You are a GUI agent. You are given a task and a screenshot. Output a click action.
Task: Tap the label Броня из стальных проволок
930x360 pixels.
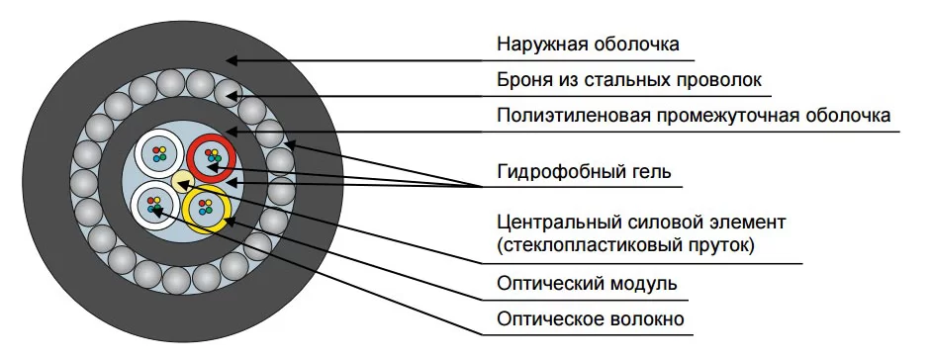[x=629, y=80]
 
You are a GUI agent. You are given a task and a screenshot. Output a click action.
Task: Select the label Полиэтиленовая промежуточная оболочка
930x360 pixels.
[x=694, y=115]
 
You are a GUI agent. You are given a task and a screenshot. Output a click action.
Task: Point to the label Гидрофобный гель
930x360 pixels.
[x=584, y=173]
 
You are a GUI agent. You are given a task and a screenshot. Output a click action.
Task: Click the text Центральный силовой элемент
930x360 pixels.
[x=641, y=223]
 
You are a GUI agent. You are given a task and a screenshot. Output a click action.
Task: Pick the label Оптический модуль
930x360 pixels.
[x=587, y=284]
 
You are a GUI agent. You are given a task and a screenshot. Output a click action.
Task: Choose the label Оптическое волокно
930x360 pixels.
[x=591, y=319]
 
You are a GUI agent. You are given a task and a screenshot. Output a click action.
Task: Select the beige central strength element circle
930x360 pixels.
[x=183, y=180]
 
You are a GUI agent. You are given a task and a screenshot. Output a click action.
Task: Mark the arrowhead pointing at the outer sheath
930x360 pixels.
[x=232, y=60]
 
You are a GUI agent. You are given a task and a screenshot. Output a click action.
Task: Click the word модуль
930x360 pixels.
[x=643, y=284]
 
